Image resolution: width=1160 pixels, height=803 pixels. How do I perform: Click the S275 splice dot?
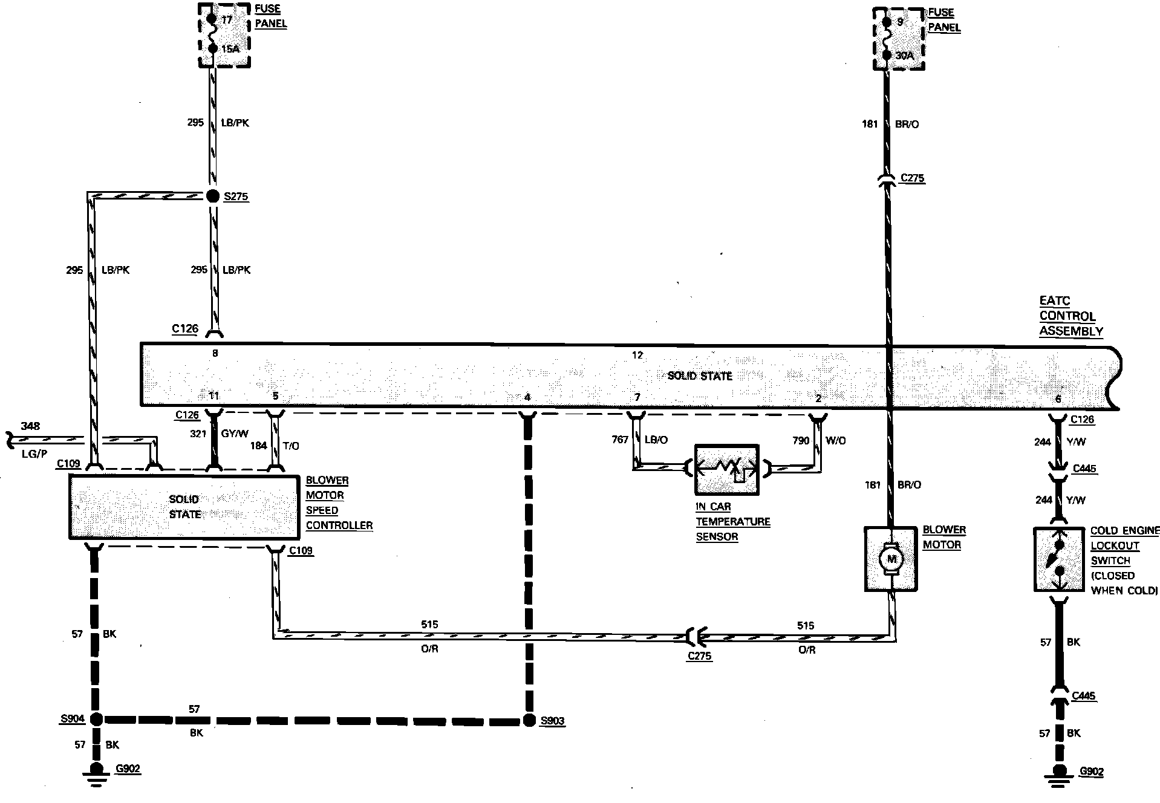point(213,196)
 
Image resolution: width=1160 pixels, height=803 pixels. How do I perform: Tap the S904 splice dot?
point(96,720)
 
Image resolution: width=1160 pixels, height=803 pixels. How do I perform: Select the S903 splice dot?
point(529,720)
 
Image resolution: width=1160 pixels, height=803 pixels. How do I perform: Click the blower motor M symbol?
point(891,559)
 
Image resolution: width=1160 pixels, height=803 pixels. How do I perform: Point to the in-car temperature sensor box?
point(726,470)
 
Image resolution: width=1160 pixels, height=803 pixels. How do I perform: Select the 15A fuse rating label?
point(230,49)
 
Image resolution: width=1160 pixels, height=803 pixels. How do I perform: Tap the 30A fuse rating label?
point(904,56)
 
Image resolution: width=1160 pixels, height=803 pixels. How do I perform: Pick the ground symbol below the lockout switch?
point(1059,776)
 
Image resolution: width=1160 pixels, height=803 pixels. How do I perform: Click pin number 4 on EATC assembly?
point(527,397)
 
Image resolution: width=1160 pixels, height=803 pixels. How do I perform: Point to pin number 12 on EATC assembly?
point(637,355)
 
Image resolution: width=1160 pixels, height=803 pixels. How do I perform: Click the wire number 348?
point(30,426)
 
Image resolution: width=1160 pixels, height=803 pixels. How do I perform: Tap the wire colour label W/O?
point(836,440)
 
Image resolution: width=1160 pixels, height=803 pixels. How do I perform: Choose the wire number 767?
point(620,440)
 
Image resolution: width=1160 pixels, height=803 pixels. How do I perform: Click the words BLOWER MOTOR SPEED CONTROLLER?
point(339,502)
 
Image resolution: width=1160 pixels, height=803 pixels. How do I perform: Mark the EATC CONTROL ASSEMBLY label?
point(1071,316)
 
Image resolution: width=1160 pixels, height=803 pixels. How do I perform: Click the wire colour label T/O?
point(291,446)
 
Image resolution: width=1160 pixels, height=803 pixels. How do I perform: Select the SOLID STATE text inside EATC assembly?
point(700,375)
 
